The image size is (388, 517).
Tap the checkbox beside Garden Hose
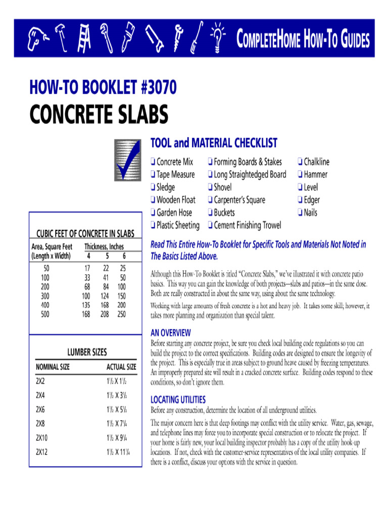pos(153,213)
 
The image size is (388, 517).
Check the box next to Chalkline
pos(300,162)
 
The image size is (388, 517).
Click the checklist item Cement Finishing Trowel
pos(247,225)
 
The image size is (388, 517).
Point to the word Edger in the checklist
pos(312,200)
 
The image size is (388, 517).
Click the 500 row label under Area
pos(45,314)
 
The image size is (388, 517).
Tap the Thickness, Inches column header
pos(104,247)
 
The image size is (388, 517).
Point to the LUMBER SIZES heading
pos(87,352)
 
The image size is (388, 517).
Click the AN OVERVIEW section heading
pos(171,333)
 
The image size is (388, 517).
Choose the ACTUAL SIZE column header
pos(121,367)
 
